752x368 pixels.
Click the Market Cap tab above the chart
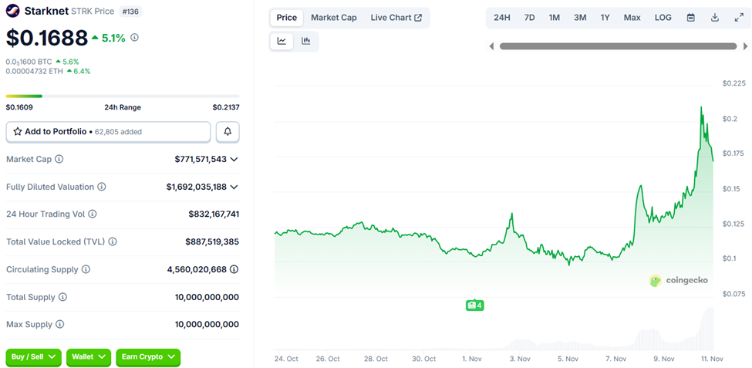click(x=333, y=18)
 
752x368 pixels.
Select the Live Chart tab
click(x=396, y=18)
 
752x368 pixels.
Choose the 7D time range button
click(x=529, y=18)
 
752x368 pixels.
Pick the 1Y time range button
click(x=605, y=18)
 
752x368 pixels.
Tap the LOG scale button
click(x=663, y=18)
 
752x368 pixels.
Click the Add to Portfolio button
click(x=108, y=132)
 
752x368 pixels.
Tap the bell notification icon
click(x=228, y=132)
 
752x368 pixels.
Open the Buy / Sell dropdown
click(x=34, y=356)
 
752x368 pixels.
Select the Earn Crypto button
click(x=147, y=356)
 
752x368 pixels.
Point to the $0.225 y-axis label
click(x=733, y=83)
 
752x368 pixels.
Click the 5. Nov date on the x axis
click(x=567, y=359)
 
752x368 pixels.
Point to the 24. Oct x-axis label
click(x=286, y=359)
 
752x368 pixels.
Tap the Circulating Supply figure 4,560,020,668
click(x=197, y=269)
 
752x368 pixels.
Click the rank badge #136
click(x=130, y=12)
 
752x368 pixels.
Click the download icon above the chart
click(x=715, y=18)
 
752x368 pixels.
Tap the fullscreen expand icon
click(x=738, y=18)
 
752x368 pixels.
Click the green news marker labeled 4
click(x=474, y=306)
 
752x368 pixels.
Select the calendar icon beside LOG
click(x=690, y=18)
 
